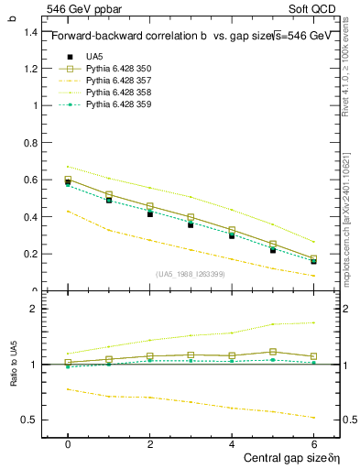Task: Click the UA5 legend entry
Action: (x=94, y=57)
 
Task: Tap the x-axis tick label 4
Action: (x=232, y=443)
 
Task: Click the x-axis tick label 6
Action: (x=314, y=443)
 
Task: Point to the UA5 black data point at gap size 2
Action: (x=150, y=213)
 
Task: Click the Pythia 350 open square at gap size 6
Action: (x=314, y=258)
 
